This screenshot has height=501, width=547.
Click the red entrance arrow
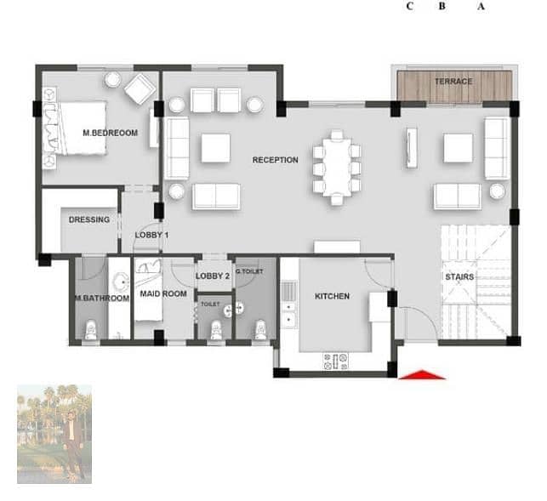(x=422, y=374)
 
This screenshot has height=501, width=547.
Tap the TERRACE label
(x=453, y=82)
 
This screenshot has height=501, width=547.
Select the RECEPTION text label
(x=276, y=160)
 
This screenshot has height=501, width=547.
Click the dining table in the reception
(x=337, y=167)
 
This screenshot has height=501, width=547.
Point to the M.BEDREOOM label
(x=111, y=133)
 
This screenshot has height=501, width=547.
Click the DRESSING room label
(x=89, y=219)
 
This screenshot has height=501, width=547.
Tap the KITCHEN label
(x=332, y=296)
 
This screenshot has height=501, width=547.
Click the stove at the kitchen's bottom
(x=336, y=362)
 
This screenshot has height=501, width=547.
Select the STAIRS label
(x=459, y=277)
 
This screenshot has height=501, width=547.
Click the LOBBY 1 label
(x=151, y=235)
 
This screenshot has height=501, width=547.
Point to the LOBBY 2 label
(x=213, y=276)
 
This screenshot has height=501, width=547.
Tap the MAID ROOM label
(x=163, y=293)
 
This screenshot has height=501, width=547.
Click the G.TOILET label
(x=249, y=271)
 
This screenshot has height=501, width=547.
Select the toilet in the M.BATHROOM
(x=91, y=330)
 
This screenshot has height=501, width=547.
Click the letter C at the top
(x=410, y=6)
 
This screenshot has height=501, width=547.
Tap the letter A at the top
(x=481, y=6)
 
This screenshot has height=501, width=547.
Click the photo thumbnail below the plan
(x=54, y=434)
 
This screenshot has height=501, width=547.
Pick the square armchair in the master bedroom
(x=140, y=89)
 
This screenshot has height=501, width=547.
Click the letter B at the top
(x=442, y=6)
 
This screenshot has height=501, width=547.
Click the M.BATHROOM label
(x=102, y=299)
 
